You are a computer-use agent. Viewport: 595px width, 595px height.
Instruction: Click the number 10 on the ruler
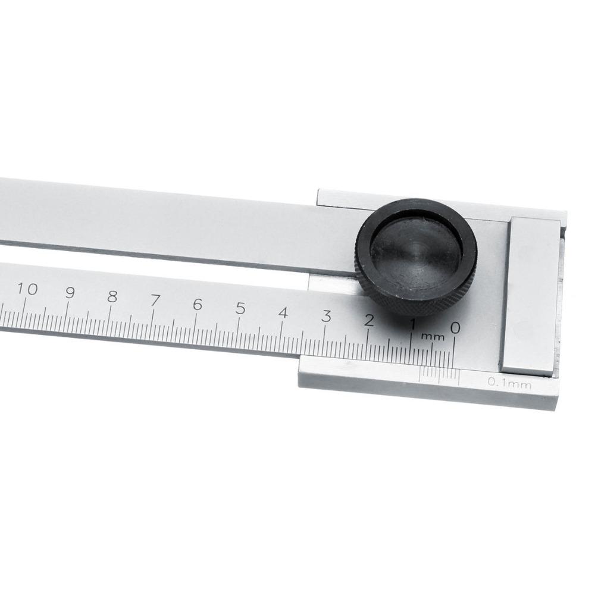[x=27, y=290]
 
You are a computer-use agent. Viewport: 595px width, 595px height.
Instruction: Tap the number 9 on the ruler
[x=70, y=293]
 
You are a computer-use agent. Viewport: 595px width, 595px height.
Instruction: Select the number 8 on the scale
[x=112, y=297]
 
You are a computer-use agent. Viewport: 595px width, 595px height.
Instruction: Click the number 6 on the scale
[x=198, y=305]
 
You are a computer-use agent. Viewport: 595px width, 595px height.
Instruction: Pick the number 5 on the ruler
[x=240, y=309]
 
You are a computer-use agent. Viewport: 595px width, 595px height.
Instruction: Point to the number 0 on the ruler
[x=455, y=328]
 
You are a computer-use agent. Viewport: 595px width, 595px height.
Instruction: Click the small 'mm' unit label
[x=433, y=337]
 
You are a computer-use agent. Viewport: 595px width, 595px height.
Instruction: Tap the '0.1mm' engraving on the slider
[x=509, y=384]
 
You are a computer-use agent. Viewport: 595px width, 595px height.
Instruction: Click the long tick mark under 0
[x=455, y=351]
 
